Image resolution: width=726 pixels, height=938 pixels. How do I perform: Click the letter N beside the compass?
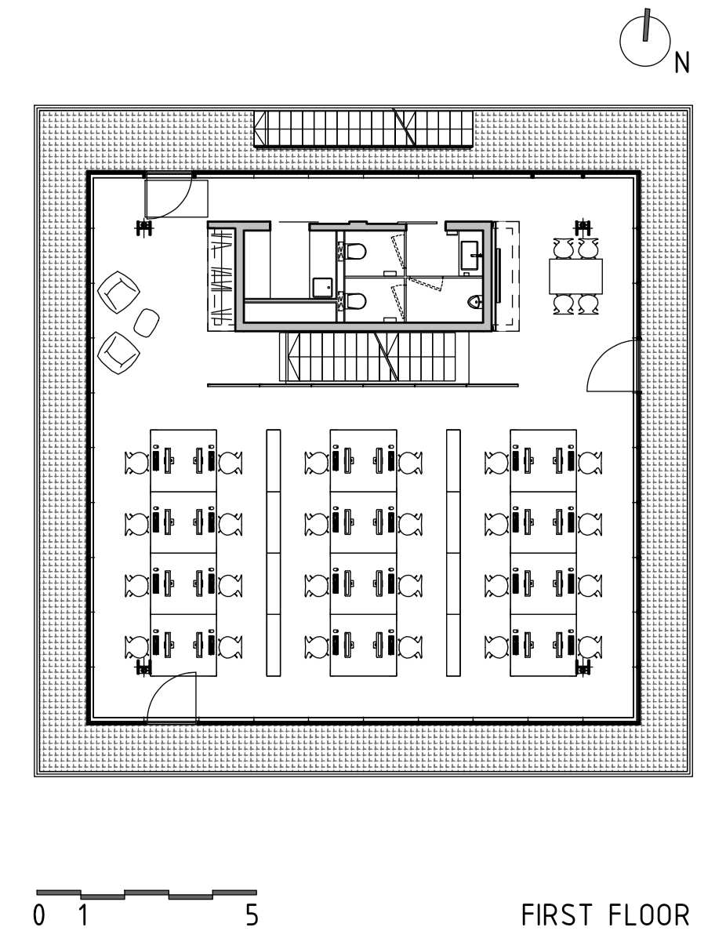pos(682,63)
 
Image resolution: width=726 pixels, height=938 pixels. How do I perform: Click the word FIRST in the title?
pos(557,915)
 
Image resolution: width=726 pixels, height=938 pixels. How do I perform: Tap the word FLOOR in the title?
pos(649,915)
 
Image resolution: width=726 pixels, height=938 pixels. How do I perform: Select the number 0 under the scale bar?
pos(39,915)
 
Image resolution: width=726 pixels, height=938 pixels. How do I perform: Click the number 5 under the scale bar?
pos(252,915)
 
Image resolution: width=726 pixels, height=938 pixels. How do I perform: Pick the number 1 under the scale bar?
pos(83,915)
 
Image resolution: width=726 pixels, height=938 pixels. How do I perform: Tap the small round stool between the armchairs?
pos(146,322)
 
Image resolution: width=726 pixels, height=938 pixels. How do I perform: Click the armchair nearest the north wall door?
pos(118,292)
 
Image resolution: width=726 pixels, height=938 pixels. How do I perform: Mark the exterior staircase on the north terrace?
pos(364,128)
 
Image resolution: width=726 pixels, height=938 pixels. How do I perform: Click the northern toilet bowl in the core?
pos(357,251)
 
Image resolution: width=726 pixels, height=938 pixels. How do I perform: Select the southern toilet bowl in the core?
pos(357,301)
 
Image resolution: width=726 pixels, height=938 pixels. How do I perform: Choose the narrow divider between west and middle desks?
pos(274,553)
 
